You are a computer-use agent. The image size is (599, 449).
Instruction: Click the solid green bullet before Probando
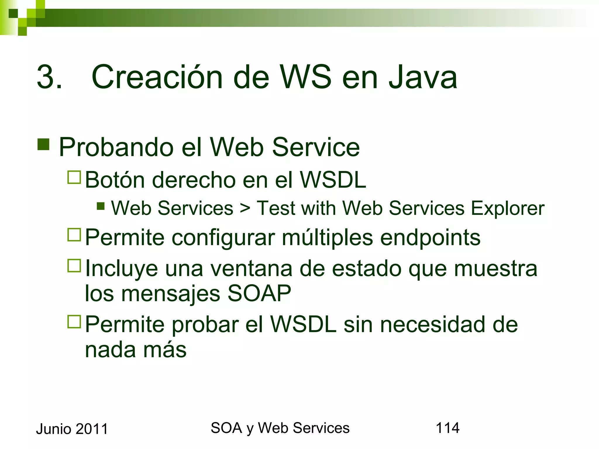pyautogui.click(x=43, y=144)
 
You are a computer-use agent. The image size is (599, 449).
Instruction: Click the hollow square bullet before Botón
pyautogui.click(x=74, y=177)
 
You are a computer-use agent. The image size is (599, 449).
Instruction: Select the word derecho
pyautogui.click(x=194, y=180)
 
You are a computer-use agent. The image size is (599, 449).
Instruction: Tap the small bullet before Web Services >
pyautogui.click(x=101, y=206)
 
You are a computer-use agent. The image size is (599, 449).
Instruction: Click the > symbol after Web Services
pyautogui.click(x=245, y=208)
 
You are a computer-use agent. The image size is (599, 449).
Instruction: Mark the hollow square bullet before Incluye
pyautogui.click(x=74, y=266)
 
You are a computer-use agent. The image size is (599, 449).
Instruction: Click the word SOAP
pyautogui.click(x=259, y=293)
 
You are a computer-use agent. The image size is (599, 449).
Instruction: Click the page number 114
pyautogui.click(x=447, y=428)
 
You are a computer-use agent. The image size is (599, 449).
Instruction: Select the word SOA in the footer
pyautogui.click(x=226, y=428)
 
